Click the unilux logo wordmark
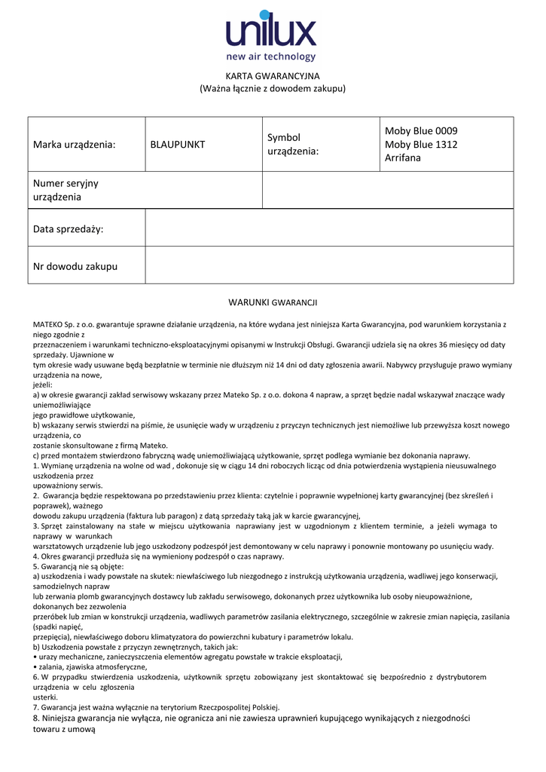tap(271, 32)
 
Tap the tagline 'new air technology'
tap(271, 57)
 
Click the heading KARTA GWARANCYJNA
tap(273, 76)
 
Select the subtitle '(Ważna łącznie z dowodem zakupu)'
tap(273, 88)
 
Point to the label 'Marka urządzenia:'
tap(75, 144)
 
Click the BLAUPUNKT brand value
tap(178, 144)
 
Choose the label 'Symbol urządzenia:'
tap(293, 144)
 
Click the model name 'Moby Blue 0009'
tap(421, 131)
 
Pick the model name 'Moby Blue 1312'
tap(421, 145)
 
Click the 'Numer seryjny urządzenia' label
tap(66, 190)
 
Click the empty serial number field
tap(387, 190)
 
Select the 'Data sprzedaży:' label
tap(68, 228)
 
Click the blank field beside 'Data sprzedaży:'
tap(329, 228)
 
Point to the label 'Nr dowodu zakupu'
tap(75, 266)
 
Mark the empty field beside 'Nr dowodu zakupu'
tap(329, 265)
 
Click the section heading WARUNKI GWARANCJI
tap(273, 302)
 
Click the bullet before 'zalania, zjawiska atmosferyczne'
tap(35, 667)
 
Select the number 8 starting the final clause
tap(36, 718)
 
